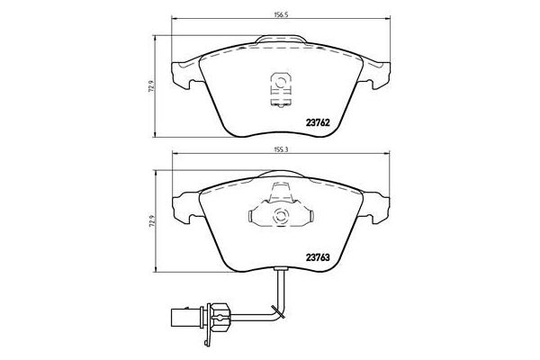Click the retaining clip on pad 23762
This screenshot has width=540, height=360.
click(278, 86)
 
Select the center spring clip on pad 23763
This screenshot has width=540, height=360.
click(278, 215)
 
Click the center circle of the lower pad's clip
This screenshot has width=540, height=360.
click(278, 216)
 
